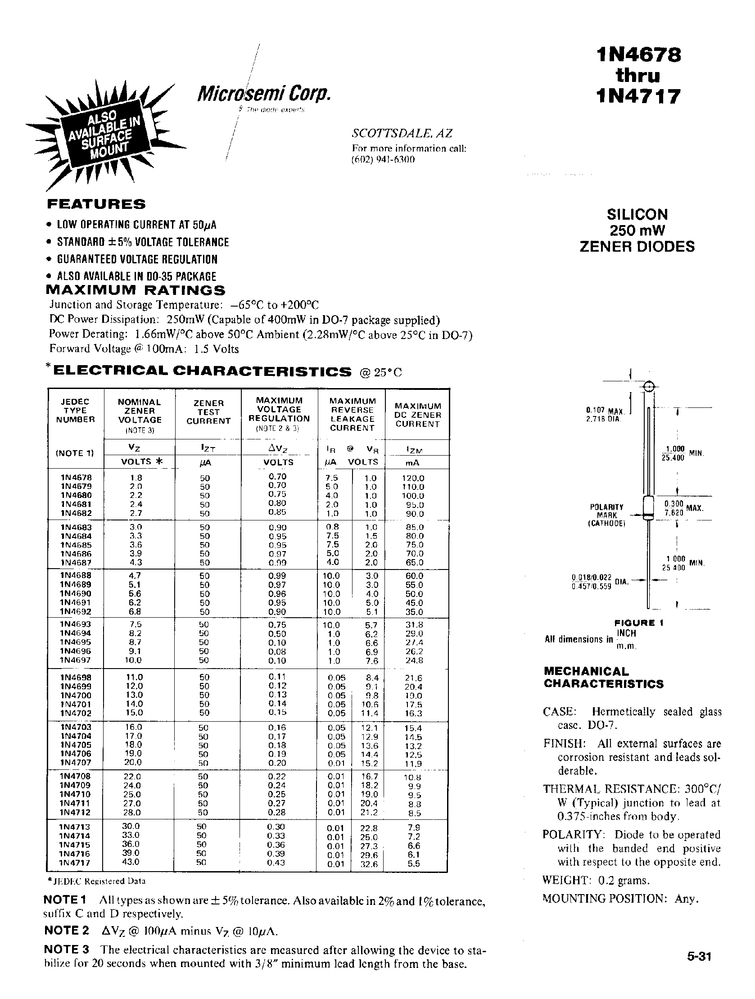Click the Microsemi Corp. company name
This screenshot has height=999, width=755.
pos(264,93)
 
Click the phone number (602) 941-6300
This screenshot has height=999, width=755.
pos(383,159)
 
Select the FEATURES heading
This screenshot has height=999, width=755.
pos(96,204)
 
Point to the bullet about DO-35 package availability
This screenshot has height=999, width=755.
pos(136,276)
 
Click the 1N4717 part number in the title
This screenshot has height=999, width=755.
pos(637,96)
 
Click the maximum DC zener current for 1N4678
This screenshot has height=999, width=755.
pos(413,478)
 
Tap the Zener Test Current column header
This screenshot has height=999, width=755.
pos(208,411)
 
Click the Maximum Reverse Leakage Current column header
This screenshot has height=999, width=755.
pos(352,414)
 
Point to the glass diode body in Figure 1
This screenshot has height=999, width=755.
pos(648,508)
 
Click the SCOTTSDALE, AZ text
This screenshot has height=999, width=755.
pos(402,133)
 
